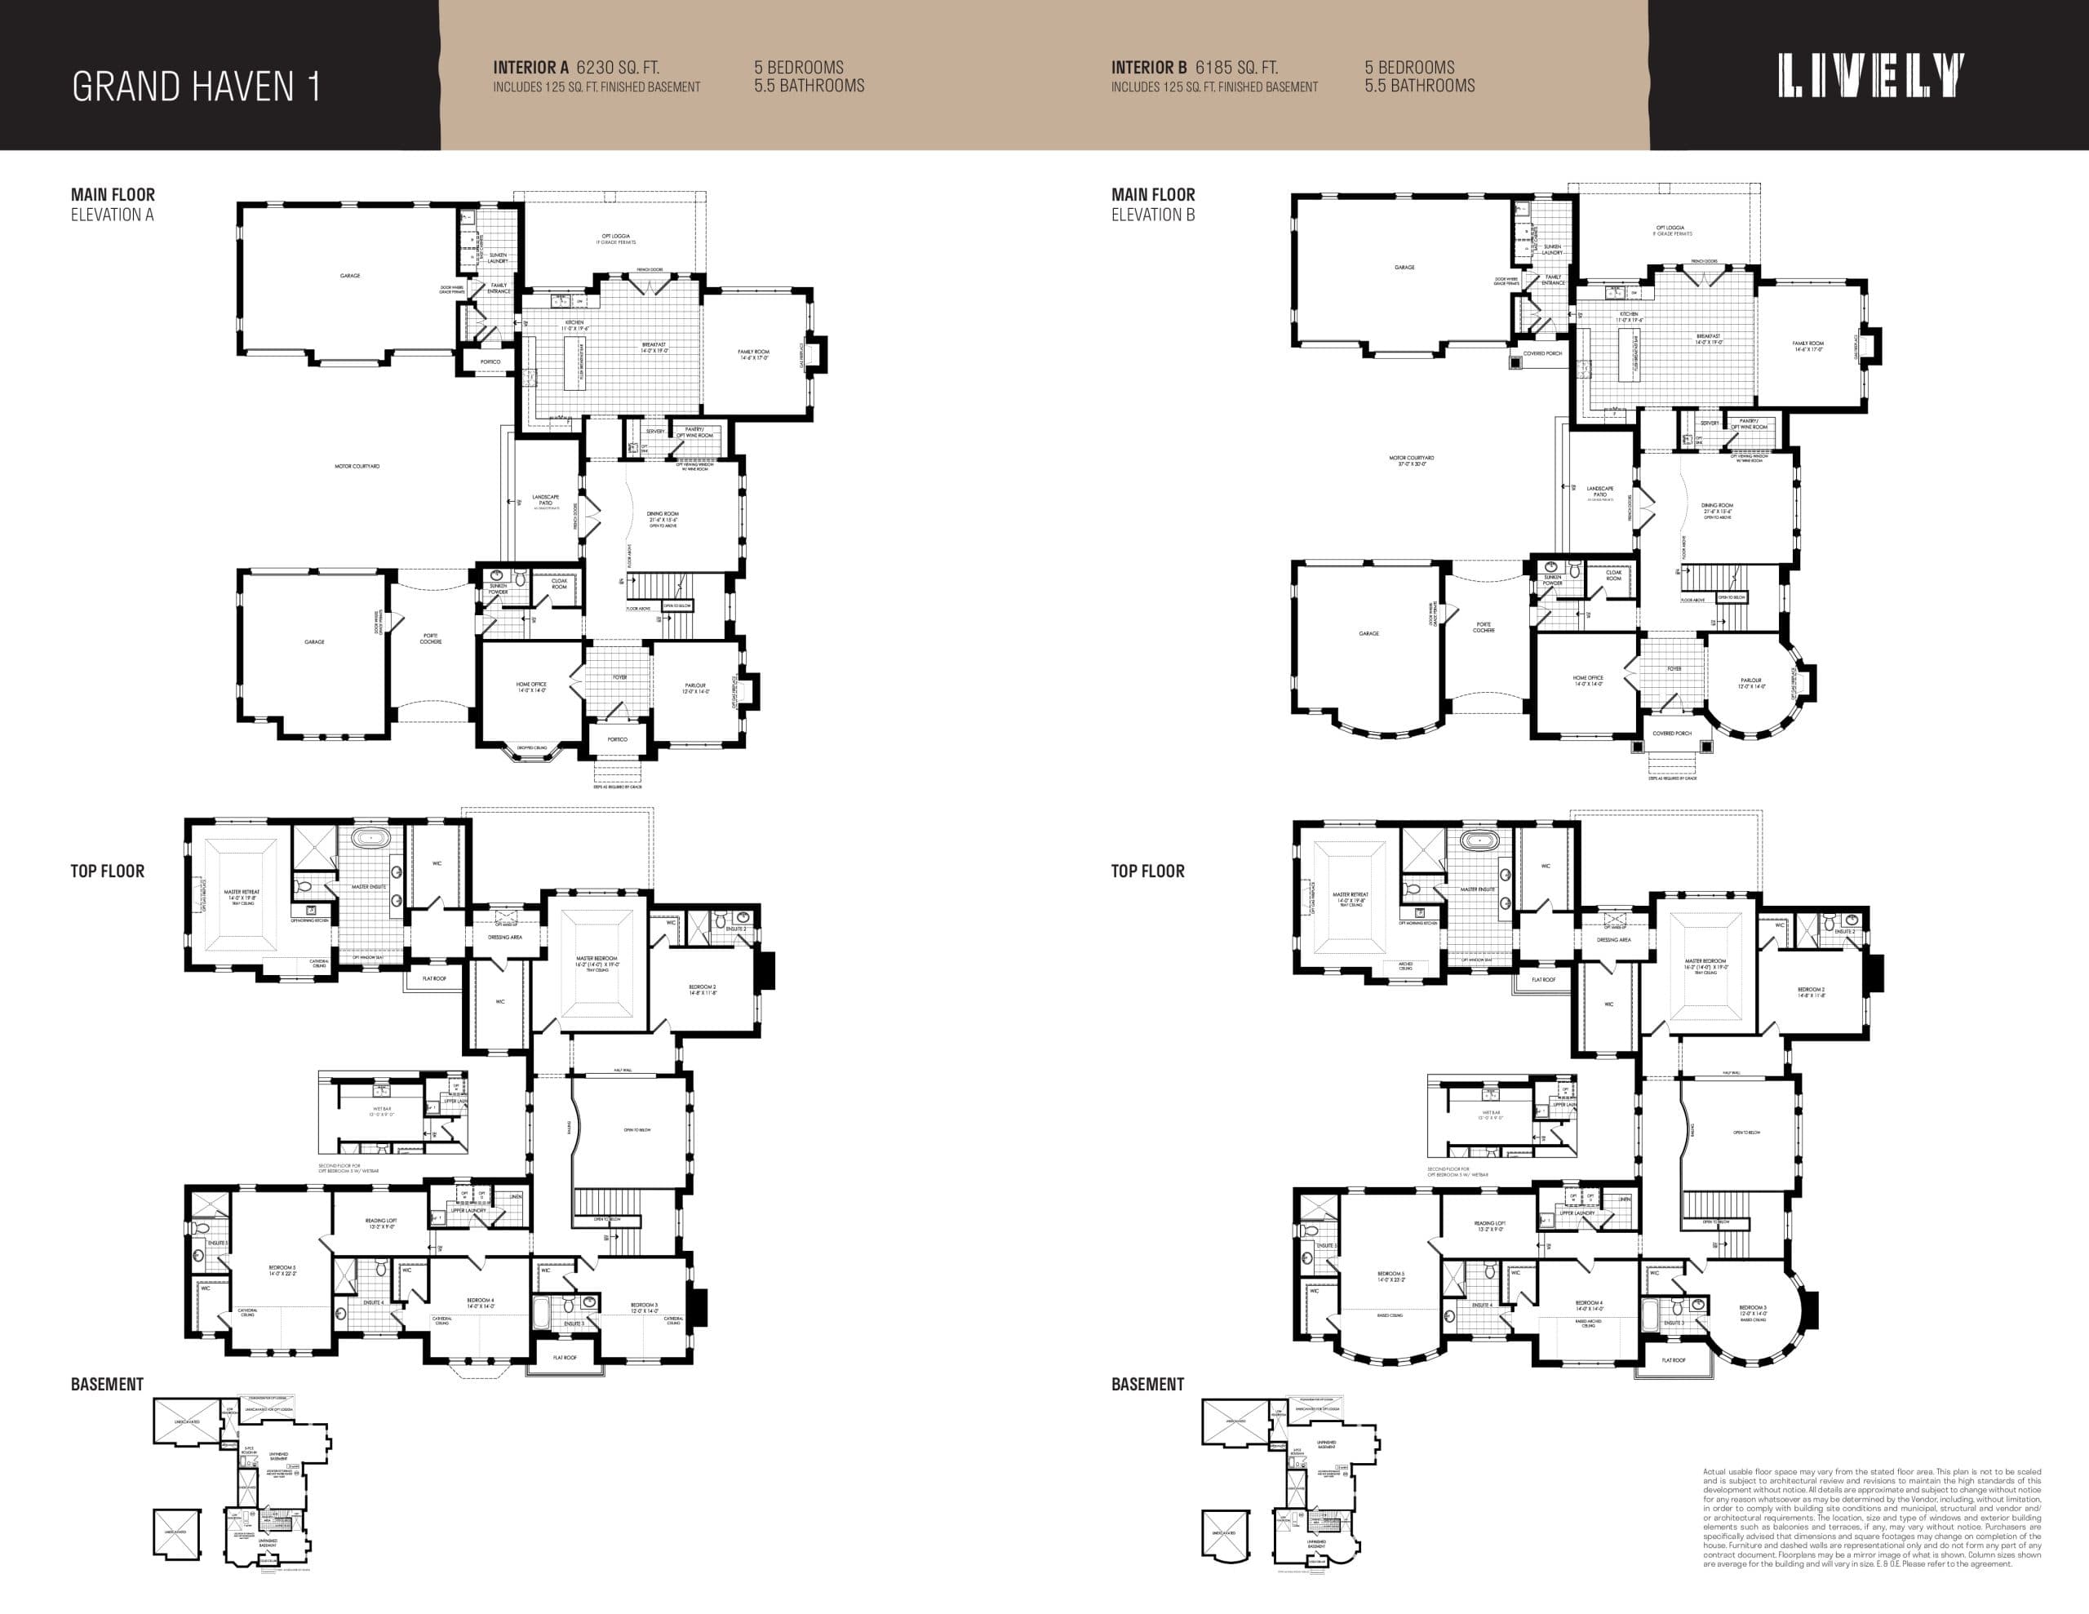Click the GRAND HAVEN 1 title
pos(195,87)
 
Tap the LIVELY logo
pos(1871,77)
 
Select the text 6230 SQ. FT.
pos(617,68)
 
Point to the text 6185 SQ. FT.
pos(1235,68)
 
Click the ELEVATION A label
pos(112,215)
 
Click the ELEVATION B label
pos(1152,215)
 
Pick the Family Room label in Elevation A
pos(754,354)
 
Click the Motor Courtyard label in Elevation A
pos(357,467)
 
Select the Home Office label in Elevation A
pos(531,686)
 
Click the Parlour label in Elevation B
pos(1751,683)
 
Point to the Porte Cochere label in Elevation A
pos(430,638)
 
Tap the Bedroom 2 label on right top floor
pos(1811,992)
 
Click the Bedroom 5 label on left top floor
pos(282,1270)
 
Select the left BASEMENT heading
pos(107,1385)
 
